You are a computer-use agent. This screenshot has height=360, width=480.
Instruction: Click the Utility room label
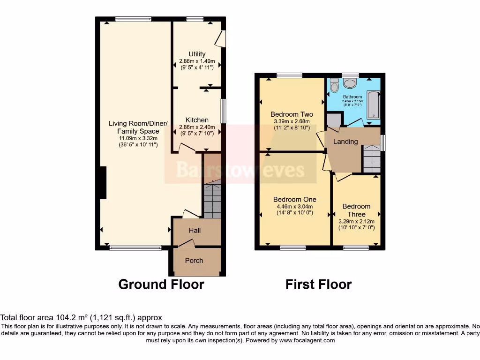(x=197, y=54)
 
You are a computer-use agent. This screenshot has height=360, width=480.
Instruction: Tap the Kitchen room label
(x=197, y=120)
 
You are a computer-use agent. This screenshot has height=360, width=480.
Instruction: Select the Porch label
(x=194, y=261)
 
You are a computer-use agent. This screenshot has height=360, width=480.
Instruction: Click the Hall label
(x=195, y=230)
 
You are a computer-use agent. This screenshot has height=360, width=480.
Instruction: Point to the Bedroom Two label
(x=292, y=114)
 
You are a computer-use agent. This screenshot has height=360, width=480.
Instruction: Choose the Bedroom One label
(x=294, y=199)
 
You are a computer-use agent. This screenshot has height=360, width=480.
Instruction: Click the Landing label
(x=345, y=142)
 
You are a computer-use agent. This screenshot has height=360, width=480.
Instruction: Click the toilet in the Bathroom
(x=334, y=86)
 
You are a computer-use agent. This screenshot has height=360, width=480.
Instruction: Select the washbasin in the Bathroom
(x=350, y=83)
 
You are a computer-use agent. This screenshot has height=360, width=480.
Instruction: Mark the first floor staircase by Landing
(x=372, y=159)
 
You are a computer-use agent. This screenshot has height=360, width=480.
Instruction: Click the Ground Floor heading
(x=161, y=285)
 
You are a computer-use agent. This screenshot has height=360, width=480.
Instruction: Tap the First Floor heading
(x=318, y=285)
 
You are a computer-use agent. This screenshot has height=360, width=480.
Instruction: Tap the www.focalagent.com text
(x=307, y=340)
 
